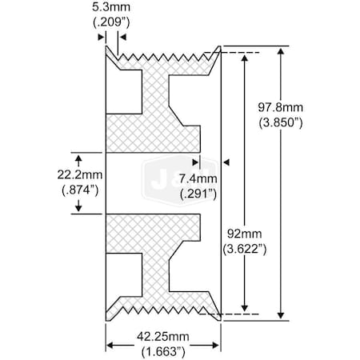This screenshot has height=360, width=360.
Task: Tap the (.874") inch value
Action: point(78,189)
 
